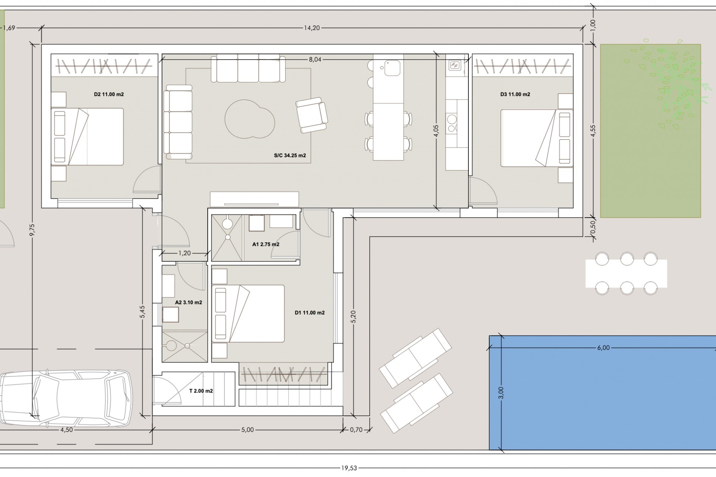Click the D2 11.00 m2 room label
pos(109,94)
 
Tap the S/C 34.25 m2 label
pos(290,155)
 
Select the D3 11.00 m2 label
pos(515,94)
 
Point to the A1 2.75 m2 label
pos(266,244)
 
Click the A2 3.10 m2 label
pos(188,302)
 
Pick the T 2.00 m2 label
pos(201,391)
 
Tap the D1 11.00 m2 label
pos(310,313)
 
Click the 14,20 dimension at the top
pos(312,28)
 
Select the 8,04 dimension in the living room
pos(315,59)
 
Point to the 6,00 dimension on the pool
pos(603,348)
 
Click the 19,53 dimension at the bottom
pos(349,468)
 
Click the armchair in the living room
pos(311,115)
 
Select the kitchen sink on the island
pos(392,68)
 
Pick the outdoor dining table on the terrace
pos(626,274)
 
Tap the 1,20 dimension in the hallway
pos(184,253)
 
